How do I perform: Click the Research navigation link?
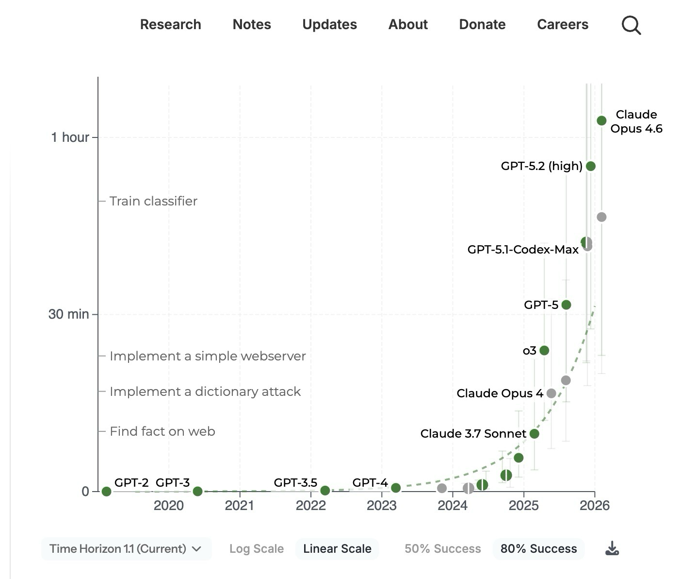(170, 24)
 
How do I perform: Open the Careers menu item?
(563, 24)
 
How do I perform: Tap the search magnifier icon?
(631, 25)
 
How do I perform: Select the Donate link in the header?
(482, 24)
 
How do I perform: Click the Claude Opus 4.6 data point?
(601, 120)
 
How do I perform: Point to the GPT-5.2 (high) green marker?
(590, 166)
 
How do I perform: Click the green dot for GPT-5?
(566, 305)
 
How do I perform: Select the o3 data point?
(544, 350)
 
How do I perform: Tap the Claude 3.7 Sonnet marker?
(534, 433)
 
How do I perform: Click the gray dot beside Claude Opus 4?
(551, 393)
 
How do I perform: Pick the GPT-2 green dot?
(107, 491)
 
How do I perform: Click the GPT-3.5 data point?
(325, 491)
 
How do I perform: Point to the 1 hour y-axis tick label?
(70, 137)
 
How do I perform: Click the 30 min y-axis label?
(68, 314)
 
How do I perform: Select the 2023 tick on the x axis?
(381, 506)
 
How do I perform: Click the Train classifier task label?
(153, 201)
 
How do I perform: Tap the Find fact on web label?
(162, 431)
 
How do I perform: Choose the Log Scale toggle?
(256, 549)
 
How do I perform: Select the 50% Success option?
(442, 549)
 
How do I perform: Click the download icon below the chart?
(612, 548)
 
